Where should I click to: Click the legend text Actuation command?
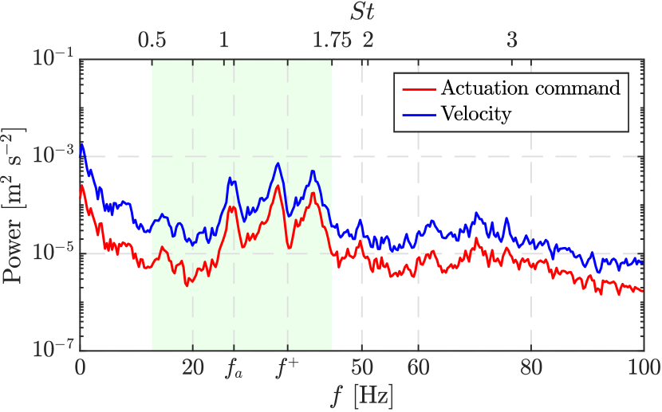(530, 88)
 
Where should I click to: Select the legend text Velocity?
(475, 114)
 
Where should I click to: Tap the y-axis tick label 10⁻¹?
(53, 59)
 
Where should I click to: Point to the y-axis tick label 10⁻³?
(53, 156)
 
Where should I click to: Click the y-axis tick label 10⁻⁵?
(53, 253)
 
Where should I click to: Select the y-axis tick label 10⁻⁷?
(53, 350)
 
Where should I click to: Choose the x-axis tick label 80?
(531, 368)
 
